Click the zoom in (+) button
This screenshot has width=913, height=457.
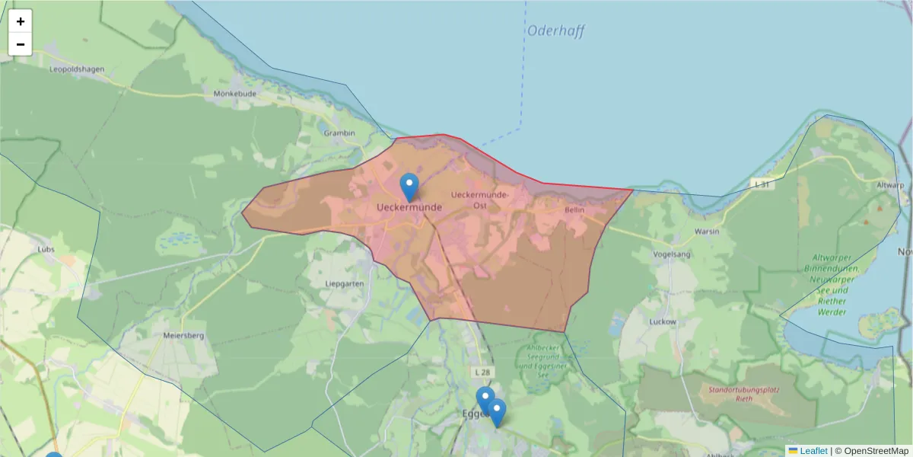[21, 21]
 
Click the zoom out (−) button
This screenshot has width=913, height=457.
[21, 44]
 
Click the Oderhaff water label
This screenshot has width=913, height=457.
[556, 31]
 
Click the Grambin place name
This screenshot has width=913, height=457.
[339, 133]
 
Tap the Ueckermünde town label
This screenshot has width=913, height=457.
[409, 206]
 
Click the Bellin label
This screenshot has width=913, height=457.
[574, 209]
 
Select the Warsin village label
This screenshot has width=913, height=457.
[707, 231]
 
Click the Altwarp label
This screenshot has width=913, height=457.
[889, 185]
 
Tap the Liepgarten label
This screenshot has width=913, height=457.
[345, 283]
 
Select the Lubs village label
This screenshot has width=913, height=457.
[46, 249]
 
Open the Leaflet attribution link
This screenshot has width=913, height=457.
[813, 451]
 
